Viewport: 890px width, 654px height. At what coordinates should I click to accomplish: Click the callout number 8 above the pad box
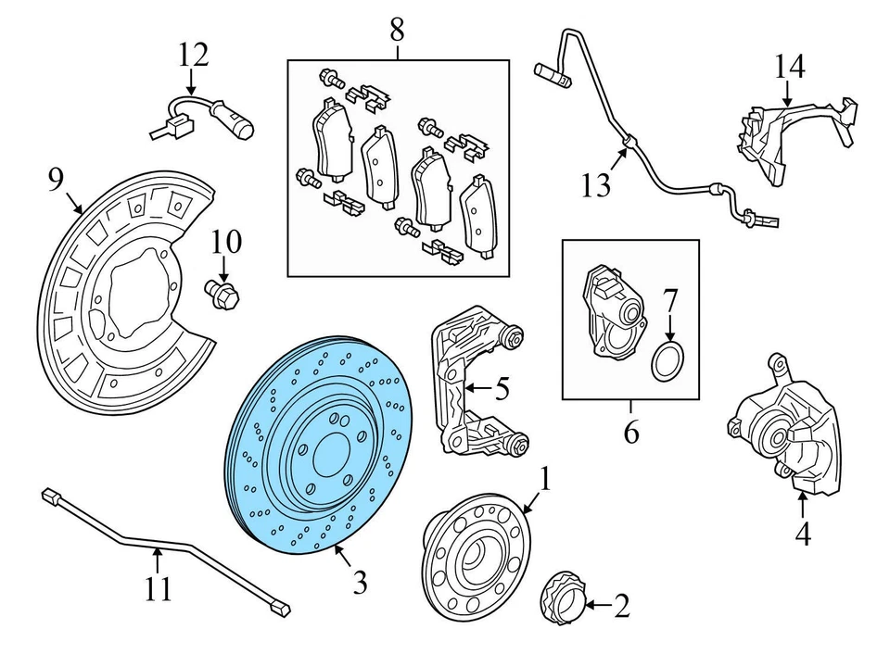397,30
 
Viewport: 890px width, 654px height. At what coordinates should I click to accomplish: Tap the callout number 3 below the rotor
360,583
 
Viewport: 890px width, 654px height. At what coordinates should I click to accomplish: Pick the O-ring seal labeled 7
667,363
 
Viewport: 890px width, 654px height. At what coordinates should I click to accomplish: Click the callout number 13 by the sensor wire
597,186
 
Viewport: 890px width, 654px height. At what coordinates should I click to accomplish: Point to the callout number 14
790,66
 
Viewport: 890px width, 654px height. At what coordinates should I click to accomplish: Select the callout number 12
195,55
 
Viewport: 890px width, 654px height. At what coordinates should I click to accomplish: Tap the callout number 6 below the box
631,433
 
